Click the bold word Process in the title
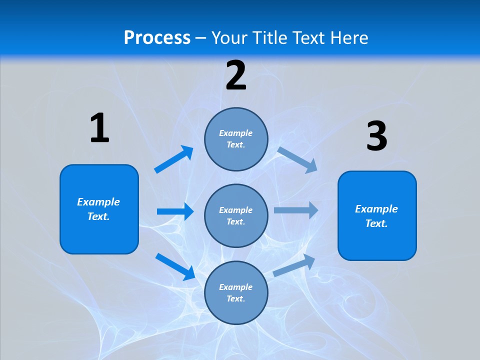(157, 37)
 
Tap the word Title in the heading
(270, 37)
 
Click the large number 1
(99, 128)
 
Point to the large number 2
(236, 75)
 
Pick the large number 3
(376, 136)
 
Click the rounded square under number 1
(99, 209)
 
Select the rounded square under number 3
(377, 215)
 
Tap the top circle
(236, 139)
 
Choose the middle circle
(236, 215)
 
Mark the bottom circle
(236, 292)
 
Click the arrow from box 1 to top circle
(173, 159)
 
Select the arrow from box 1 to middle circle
(175, 211)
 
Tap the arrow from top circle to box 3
(297, 159)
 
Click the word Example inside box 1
(98, 202)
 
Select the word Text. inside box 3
(376, 223)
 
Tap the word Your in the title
(231, 37)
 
